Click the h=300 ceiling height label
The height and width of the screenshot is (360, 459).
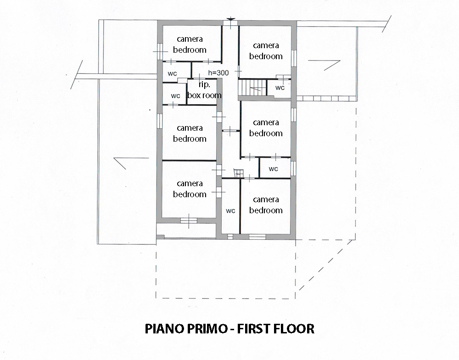[x=218, y=72]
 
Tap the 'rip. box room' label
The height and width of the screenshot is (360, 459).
[x=204, y=90]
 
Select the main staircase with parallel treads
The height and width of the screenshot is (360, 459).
[x=252, y=88]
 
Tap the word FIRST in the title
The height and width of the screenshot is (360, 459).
[x=253, y=329]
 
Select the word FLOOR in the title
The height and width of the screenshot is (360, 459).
[x=294, y=329]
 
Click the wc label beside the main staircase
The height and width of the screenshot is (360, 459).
[x=280, y=88]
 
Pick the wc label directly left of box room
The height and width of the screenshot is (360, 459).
[x=175, y=96]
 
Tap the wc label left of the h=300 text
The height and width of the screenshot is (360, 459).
[x=172, y=73]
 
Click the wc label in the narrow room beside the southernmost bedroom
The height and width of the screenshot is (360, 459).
[x=230, y=210]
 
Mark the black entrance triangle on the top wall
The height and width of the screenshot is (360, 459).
[x=231, y=19]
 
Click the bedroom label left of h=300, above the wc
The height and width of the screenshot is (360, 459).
[x=190, y=44]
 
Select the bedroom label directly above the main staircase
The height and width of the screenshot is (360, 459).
[x=266, y=50]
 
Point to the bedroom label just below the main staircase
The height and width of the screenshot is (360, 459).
[x=266, y=128]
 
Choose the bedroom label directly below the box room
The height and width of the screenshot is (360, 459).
[x=190, y=133]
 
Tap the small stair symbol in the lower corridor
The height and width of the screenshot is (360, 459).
[x=239, y=173]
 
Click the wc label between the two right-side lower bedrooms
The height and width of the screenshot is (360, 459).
[x=273, y=169]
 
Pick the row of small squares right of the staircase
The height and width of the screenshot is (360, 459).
[x=326, y=99]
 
